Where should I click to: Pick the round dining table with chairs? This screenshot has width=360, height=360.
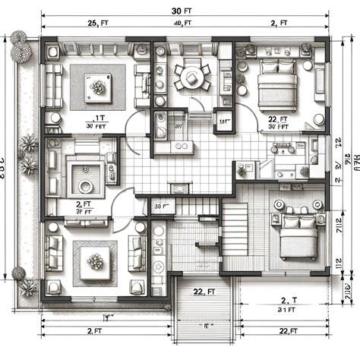190,76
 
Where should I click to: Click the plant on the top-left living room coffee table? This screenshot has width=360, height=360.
97,87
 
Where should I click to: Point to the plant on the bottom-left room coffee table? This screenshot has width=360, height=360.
96,262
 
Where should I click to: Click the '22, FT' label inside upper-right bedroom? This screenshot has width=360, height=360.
277,124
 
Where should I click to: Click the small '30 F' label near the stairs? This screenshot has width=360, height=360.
161,206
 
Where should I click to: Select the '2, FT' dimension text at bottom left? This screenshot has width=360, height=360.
95,331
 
